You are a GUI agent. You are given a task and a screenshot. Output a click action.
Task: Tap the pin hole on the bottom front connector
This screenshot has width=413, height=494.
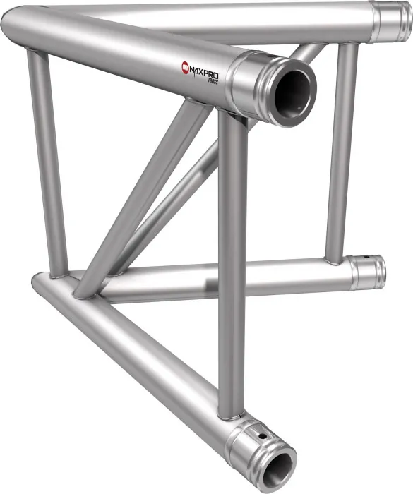[x=263, y=438]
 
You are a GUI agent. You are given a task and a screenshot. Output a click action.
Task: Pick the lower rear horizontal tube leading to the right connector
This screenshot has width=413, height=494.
[x=233, y=277]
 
